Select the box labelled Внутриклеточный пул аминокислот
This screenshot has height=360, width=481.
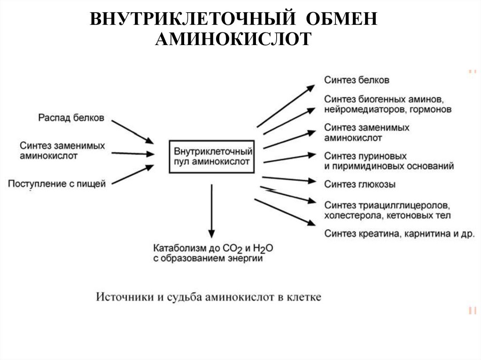point(212,157)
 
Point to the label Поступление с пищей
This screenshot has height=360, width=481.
point(57,184)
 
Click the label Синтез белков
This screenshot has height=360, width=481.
point(357,80)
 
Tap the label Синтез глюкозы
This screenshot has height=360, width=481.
point(359,184)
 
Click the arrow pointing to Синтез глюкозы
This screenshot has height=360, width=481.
point(288,179)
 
